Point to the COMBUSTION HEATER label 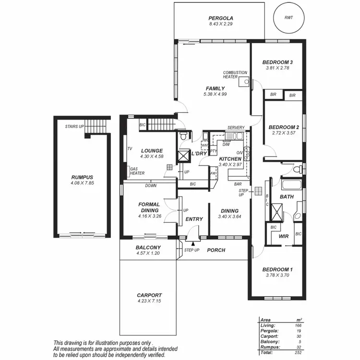tap(235, 74)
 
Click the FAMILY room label tap(215, 88)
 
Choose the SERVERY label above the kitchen tap(236, 127)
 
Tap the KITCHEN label tap(230, 159)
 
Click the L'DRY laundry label tap(199, 154)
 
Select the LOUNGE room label tap(151, 150)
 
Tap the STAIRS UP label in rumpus tap(74, 127)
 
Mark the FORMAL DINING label tap(149, 208)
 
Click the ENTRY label tap(194, 219)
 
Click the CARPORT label tap(149, 295)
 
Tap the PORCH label tap(216, 250)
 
